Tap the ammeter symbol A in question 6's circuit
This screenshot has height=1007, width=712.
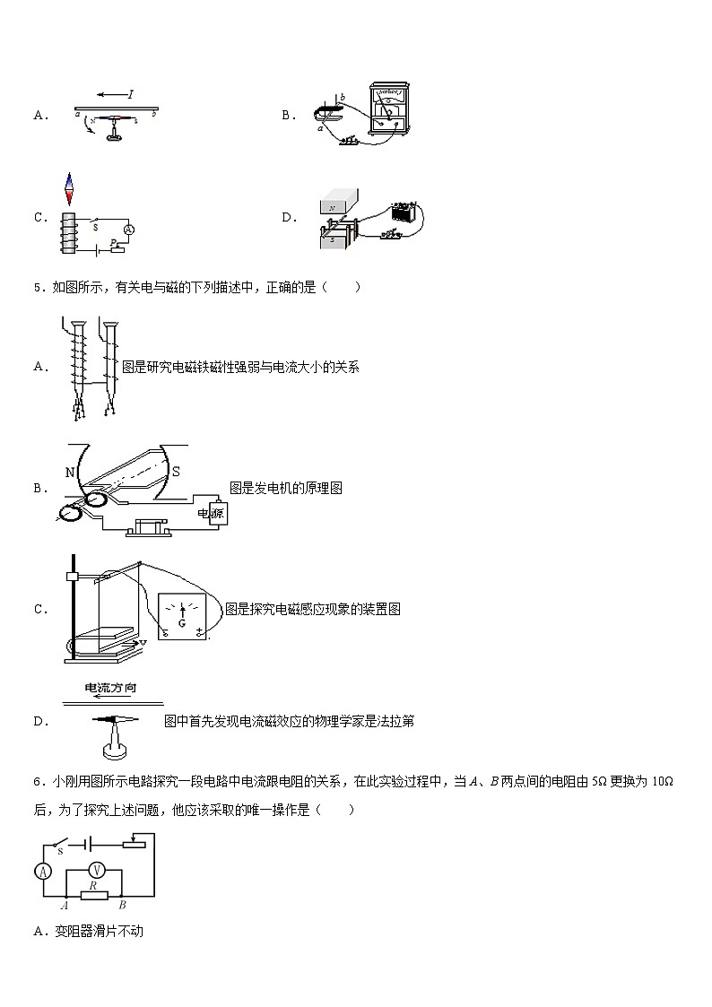42,869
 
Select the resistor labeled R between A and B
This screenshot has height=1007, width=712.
93,893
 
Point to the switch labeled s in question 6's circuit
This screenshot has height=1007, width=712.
61,844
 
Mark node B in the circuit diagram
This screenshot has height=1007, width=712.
122,906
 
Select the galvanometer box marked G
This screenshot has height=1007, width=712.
183,617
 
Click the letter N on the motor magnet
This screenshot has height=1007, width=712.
69,473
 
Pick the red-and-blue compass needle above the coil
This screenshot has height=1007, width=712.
67,190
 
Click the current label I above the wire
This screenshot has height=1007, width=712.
131,93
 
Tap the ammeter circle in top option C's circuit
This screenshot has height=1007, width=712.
128,230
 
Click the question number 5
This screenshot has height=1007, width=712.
37,288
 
